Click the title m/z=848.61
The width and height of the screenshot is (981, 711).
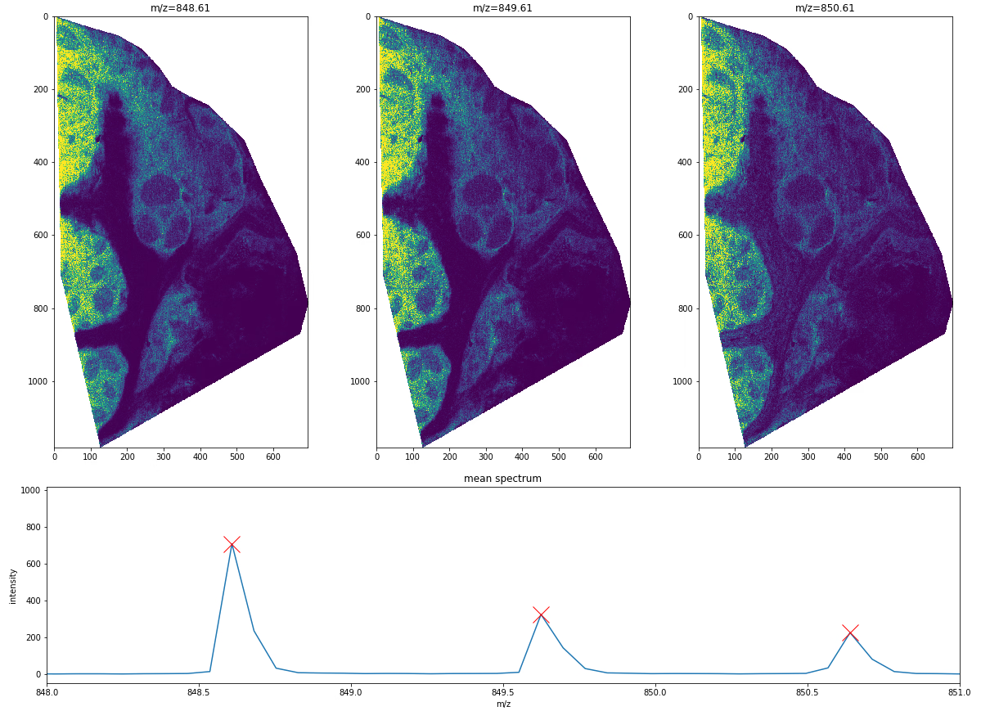tap(180, 8)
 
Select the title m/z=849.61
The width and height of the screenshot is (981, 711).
tap(502, 8)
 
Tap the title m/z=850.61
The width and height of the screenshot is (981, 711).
tap(825, 8)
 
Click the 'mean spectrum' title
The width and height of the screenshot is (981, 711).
tap(502, 479)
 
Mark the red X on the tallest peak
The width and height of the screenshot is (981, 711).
tap(232, 544)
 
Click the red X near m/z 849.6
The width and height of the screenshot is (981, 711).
tap(541, 614)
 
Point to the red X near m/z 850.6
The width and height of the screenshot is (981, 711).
tap(850, 632)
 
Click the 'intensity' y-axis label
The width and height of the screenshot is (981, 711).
tap(13, 586)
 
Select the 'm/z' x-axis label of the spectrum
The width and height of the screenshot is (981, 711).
tap(502, 704)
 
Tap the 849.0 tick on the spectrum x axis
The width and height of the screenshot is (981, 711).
tap(351, 692)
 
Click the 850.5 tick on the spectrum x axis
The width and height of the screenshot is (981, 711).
tap(807, 692)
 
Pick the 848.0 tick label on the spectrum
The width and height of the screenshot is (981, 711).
tap(47, 692)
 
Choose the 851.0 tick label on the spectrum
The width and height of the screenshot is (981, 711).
tap(959, 692)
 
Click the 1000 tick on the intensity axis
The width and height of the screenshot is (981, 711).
tap(30, 491)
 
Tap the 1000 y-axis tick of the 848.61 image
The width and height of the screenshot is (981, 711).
tap(38, 381)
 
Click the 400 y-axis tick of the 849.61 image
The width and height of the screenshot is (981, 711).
tap(362, 162)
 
